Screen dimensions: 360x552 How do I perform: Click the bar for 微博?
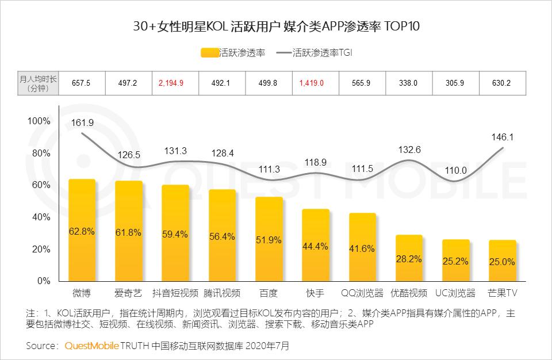pyautogui.click(x=82, y=230)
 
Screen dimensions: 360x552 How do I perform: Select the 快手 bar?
pyautogui.click(x=316, y=245)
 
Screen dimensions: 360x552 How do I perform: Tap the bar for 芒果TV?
pyautogui.click(x=503, y=261)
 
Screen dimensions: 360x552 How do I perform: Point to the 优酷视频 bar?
pyautogui.click(x=409, y=258)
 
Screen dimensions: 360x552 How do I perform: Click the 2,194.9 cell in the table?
pyautogui.click(x=171, y=83)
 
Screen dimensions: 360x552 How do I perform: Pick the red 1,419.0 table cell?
pyautogui.click(x=312, y=83)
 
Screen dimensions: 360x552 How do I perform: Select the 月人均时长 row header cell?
pyautogui.click(x=38, y=83)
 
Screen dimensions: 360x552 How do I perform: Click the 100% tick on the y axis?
pyautogui.click(x=39, y=121)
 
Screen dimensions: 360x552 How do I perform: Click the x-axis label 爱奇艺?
pyautogui.click(x=128, y=293)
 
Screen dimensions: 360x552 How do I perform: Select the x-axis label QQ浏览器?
pyautogui.click(x=362, y=293)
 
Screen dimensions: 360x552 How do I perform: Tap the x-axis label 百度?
pyautogui.click(x=269, y=293)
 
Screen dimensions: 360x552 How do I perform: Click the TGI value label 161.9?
pyautogui.click(x=83, y=123)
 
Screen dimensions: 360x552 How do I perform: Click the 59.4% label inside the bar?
pyautogui.click(x=175, y=234)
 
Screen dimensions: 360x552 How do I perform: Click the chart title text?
pyautogui.click(x=276, y=26)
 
